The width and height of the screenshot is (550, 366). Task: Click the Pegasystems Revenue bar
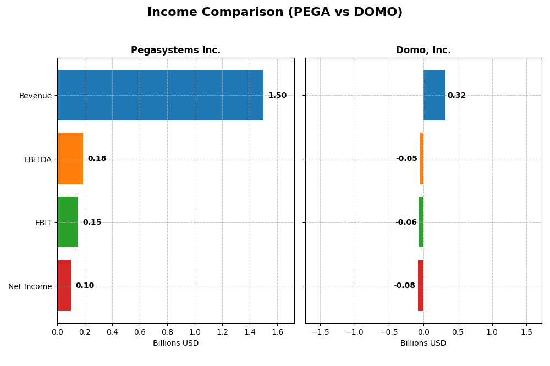(x=160, y=95)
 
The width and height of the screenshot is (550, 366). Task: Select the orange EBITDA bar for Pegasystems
(x=70, y=159)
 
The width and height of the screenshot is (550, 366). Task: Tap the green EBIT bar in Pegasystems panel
(x=68, y=222)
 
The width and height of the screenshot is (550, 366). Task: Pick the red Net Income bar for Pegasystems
(x=64, y=286)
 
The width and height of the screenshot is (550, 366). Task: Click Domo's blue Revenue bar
(x=434, y=95)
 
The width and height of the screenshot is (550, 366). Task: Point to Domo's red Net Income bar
(x=421, y=286)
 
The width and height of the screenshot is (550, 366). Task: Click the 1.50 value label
(x=277, y=96)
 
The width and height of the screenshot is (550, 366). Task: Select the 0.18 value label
(x=97, y=159)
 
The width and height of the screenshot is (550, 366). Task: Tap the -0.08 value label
(x=404, y=286)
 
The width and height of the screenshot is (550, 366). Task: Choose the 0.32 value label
(x=457, y=96)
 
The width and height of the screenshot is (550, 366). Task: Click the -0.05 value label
(x=406, y=159)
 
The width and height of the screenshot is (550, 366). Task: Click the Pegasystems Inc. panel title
(x=175, y=51)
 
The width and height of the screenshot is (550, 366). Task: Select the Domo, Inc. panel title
(x=423, y=51)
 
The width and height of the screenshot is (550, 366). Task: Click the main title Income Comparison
(x=275, y=12)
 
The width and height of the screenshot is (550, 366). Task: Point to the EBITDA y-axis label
(x=37, y=159)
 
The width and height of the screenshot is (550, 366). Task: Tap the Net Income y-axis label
(x=30, y=286)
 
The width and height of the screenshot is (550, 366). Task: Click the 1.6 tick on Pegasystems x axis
(x=277, y=332)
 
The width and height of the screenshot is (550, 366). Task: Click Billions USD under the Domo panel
(x=423, y=343)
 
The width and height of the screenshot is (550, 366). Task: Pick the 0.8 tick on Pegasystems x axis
(x=167, y=332)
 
